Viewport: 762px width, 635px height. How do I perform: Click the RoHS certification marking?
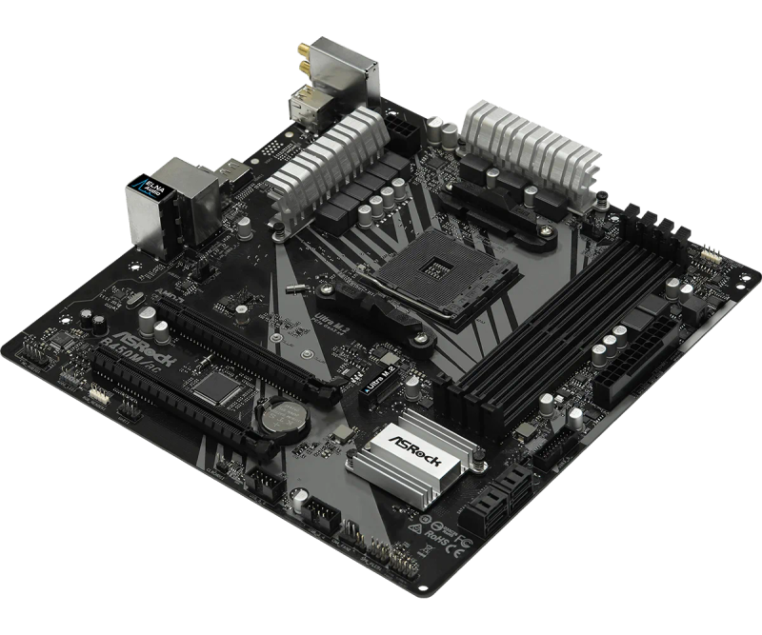tap(466, 541)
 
